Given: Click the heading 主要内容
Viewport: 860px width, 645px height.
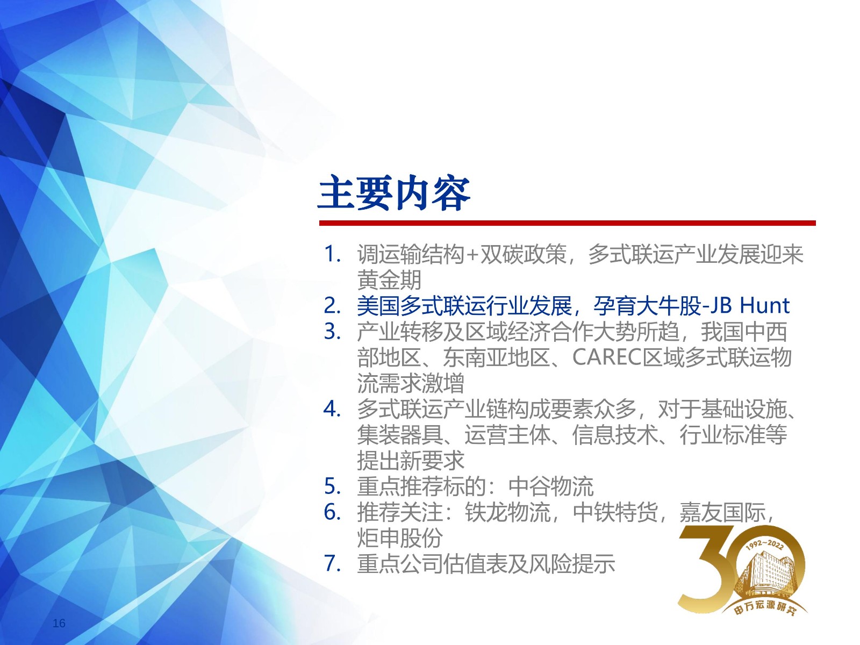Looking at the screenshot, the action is (394, 193).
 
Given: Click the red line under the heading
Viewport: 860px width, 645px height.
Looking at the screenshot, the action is (567, 223).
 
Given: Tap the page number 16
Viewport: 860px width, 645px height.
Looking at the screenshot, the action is (59, 623).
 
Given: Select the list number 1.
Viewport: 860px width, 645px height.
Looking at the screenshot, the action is (332, 254).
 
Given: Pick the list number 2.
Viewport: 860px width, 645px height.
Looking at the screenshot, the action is (332, 306).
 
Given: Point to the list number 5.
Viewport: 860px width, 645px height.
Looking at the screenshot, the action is (332, 487).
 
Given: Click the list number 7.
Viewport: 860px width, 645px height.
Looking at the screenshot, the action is (332, 564).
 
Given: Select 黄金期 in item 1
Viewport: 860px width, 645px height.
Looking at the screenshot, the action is (389, 280).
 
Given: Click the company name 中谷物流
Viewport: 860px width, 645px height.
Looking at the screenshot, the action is (551, 487).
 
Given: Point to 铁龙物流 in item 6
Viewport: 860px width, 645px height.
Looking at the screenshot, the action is (508, 512).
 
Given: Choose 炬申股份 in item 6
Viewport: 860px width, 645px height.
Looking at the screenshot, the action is (400, 538).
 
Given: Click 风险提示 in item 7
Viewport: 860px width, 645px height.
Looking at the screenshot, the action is (572, 564).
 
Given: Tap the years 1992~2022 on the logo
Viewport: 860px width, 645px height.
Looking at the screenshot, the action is (764, 544).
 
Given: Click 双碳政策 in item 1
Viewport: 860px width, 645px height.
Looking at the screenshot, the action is (524, 254).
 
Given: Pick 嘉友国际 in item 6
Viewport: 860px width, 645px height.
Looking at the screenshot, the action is (722, 512).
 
